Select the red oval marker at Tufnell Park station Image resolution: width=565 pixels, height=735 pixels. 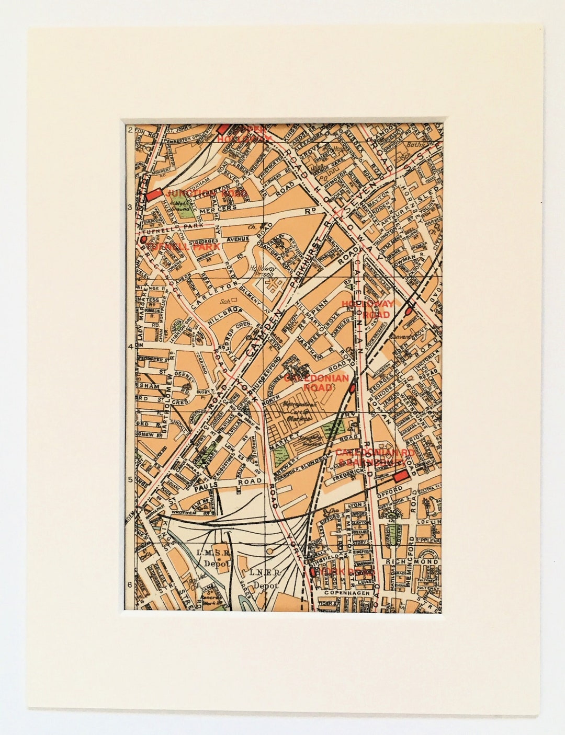tap(143, 239)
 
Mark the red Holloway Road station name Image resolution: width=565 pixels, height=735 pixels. tap(374, 309)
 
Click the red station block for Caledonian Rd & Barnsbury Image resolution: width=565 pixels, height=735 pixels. tap(401, 476)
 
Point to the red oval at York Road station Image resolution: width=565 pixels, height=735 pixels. tap(313, 571)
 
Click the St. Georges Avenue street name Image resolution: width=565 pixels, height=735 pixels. tap(209, 242)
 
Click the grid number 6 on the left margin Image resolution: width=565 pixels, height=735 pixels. tap(129, 584)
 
